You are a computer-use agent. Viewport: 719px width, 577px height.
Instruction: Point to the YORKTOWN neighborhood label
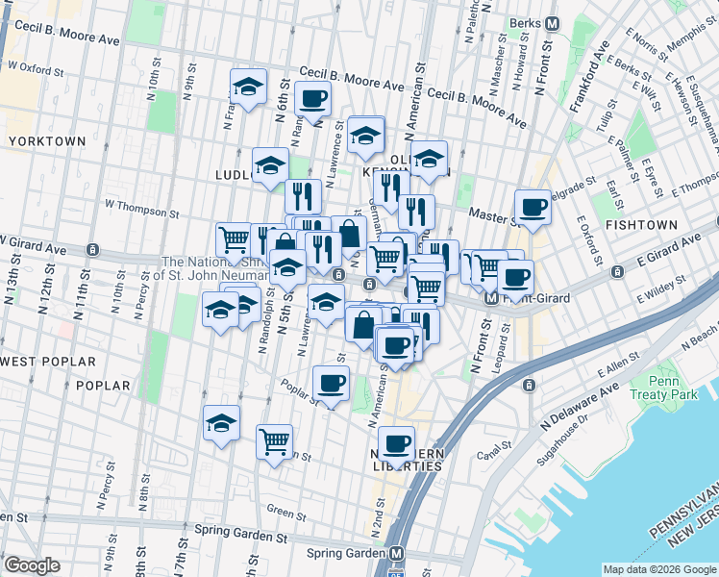[46, 141]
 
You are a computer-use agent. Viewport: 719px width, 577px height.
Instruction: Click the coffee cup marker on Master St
[533, 205]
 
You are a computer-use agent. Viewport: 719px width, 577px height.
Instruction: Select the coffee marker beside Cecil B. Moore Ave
[313, 97]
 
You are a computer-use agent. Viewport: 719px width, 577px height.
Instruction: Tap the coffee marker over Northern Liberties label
[396, 443]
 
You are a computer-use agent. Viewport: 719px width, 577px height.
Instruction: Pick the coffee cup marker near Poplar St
[332, 382]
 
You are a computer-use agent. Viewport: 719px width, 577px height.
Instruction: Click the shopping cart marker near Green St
[275, 440]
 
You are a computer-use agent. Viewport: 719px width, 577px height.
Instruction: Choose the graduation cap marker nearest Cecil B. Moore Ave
[248, 88]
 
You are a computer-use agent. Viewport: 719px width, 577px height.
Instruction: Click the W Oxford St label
[36, 70]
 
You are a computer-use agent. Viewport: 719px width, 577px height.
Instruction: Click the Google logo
[33, 565]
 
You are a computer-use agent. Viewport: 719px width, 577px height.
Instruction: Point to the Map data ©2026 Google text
[658, 569]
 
